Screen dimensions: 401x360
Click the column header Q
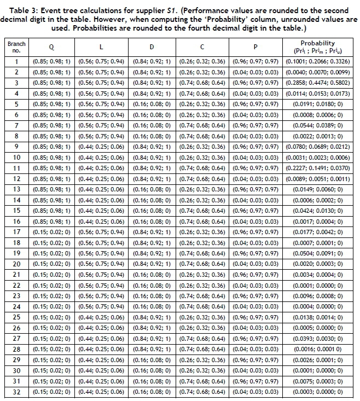pyautogui.click(x=51, y=47)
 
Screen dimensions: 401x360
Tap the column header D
pyautogui.click(x=152, y=47)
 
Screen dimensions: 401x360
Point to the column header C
pyautogui.click(x=202, y=47)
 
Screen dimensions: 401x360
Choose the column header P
pyautogui.click(x=256, y=47)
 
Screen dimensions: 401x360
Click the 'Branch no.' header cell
pyautogui.click(x=16, y=47)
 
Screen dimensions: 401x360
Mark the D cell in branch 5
pyautogui.click(x=152, y=104)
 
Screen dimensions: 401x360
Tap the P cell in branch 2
pyautogui.click(x=256, y=72)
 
